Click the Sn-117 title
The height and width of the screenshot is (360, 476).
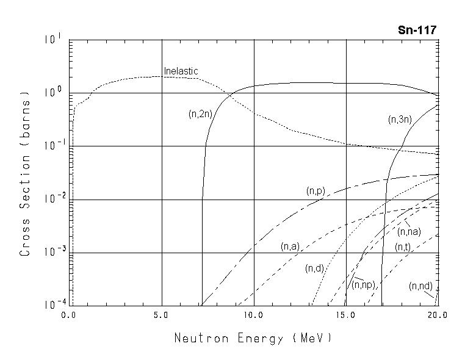pos(417,30)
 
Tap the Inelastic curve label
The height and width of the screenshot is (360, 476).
pos(181,71)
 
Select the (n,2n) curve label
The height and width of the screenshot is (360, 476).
pos(200,113)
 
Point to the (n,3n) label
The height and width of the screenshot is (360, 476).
pos(400,120)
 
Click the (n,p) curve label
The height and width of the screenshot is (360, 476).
pos(316,191)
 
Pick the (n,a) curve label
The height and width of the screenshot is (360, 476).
pos(290,247)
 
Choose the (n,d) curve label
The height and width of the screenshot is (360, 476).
pos(314,268)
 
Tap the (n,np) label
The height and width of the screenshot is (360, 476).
pos(364,284)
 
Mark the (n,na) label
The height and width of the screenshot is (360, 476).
pos(409,232)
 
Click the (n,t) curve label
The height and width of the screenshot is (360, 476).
pos(402,247)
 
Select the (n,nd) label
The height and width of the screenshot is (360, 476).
pos(421,286)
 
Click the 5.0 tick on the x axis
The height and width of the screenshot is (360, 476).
pos(162,315)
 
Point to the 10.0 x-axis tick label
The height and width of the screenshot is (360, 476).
pos(253,315)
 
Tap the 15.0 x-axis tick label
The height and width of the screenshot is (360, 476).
pos(345,315)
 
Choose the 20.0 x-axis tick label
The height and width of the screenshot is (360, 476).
pos(438,315)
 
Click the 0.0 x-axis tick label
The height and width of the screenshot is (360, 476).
pos(70,315)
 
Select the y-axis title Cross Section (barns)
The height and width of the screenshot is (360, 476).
pos(25,173)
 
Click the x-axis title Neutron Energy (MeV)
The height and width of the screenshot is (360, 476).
pos(253,337)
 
